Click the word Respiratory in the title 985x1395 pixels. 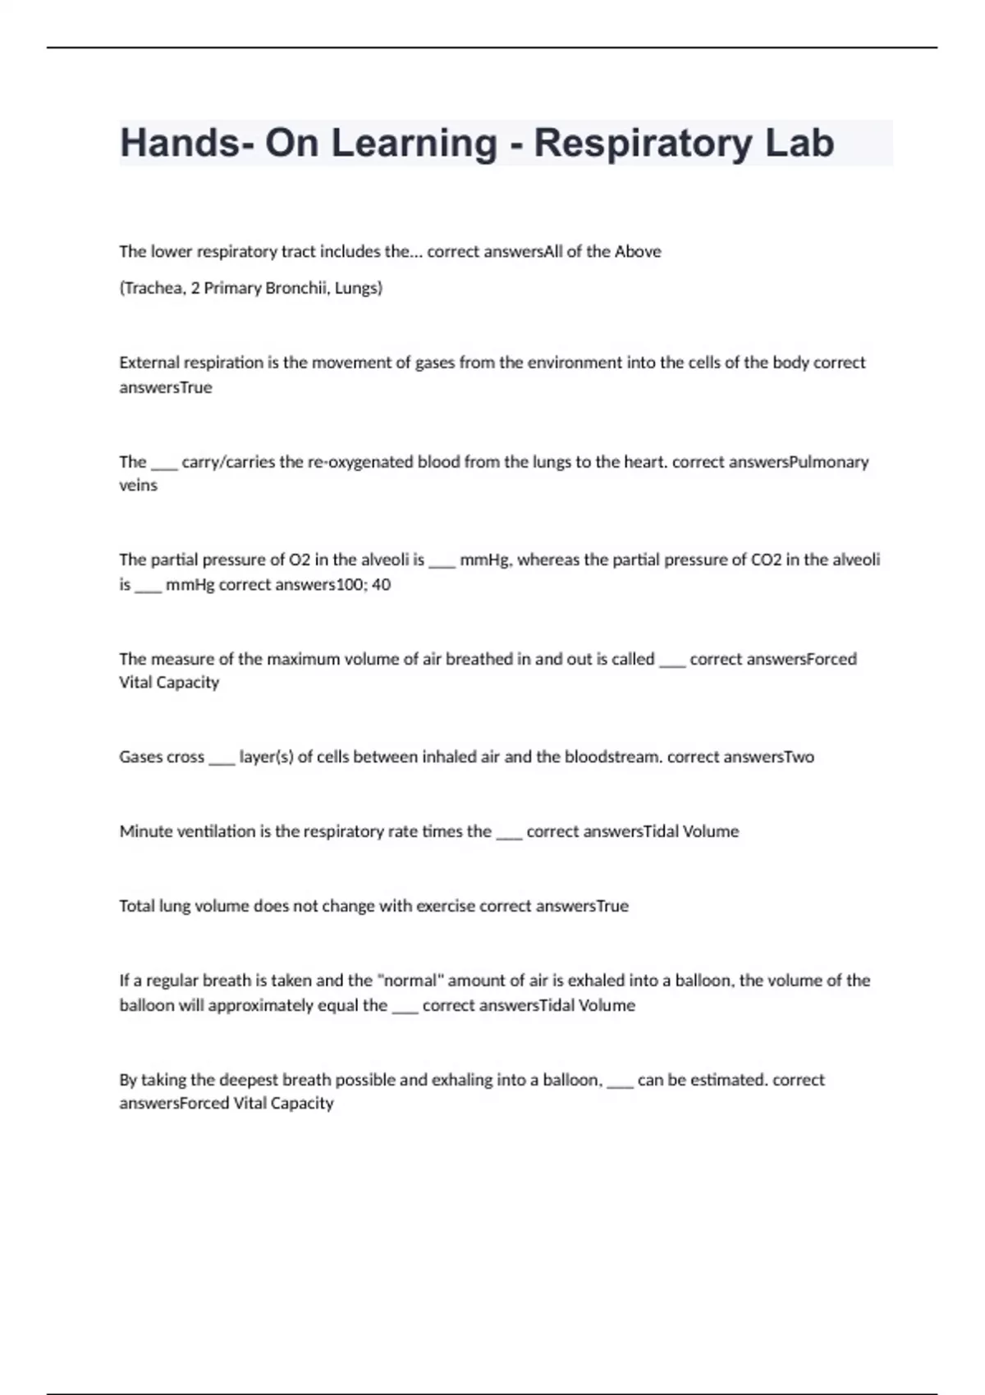[x=643, y=144]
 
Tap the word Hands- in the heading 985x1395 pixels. [x=180, y=143]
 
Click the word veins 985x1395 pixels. [x=138, y=486]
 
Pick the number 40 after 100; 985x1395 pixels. [x=382, y=585]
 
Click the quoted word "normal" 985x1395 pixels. [x=409, y=981]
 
